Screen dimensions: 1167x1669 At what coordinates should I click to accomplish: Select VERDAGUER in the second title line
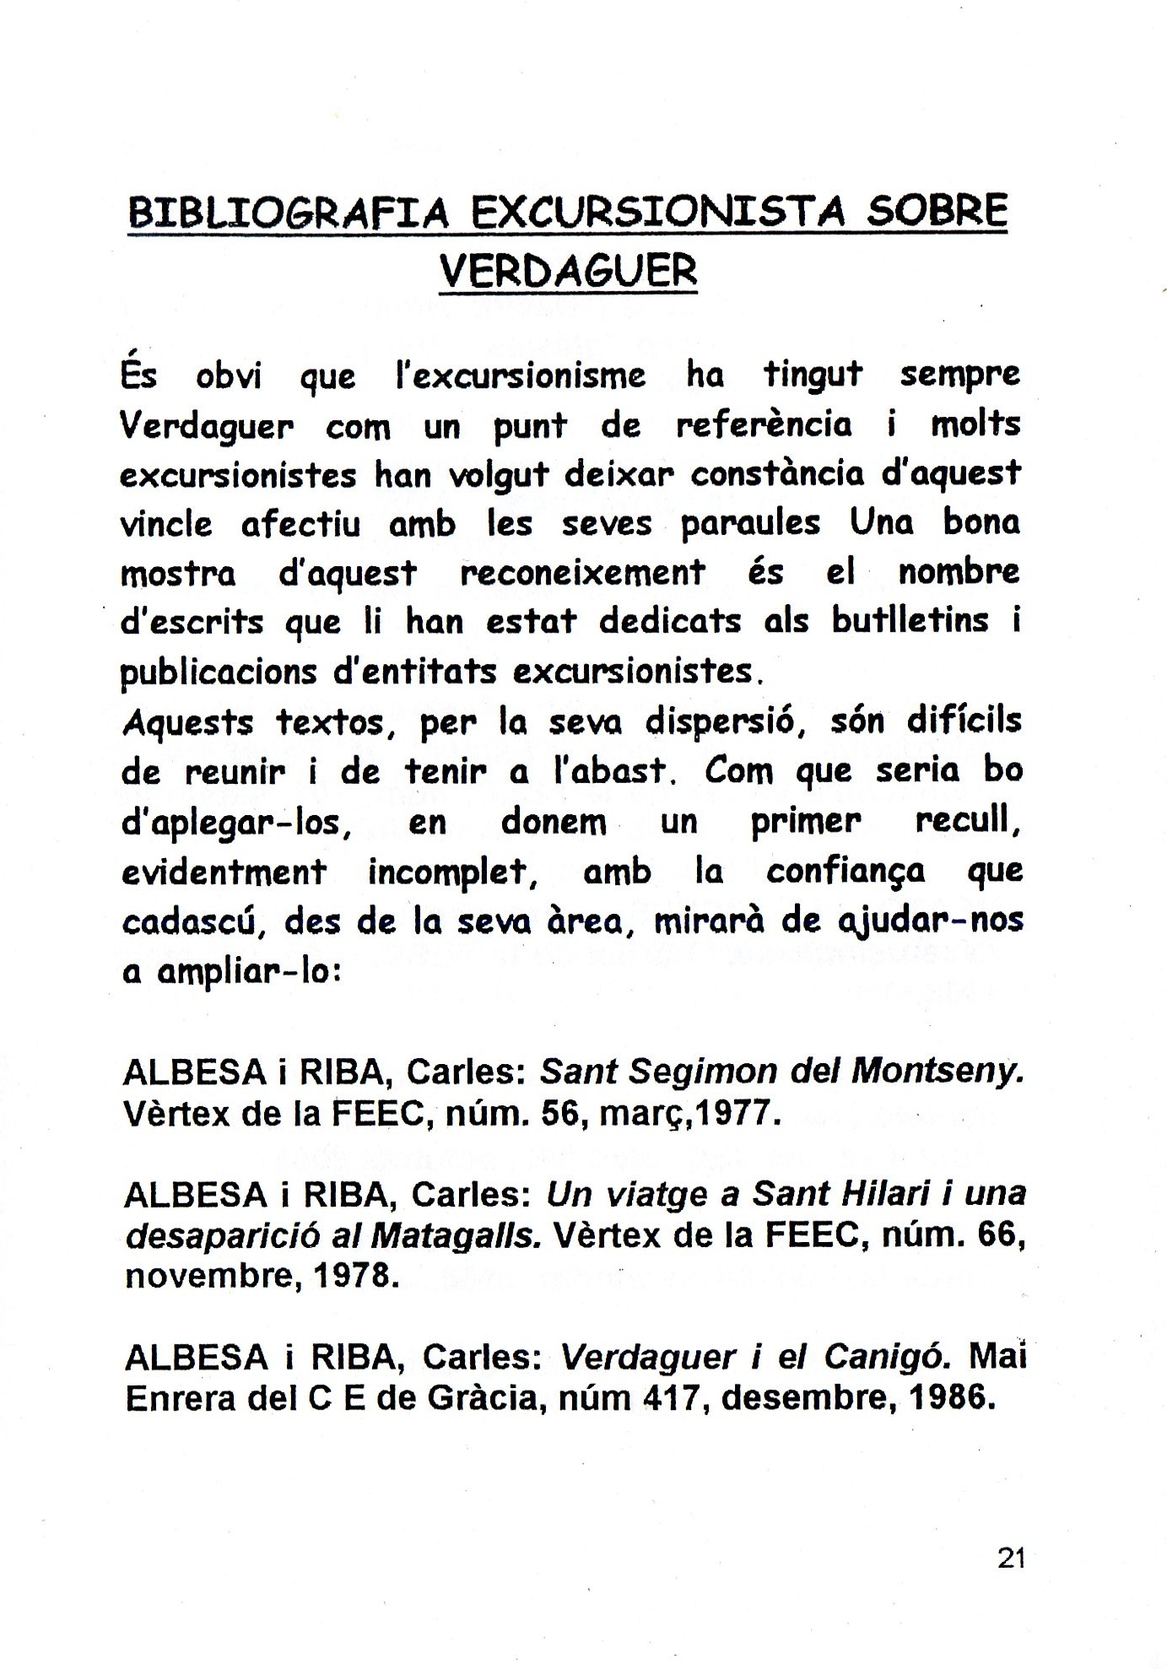click(569, 270)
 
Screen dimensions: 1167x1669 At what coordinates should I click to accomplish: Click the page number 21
click(1011, 1558)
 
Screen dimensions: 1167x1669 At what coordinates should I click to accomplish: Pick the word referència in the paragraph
click(764, 424)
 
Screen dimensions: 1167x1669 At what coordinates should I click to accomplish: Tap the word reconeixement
click(582, 573)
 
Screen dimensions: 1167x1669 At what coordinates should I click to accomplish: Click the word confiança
click(846, 871)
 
